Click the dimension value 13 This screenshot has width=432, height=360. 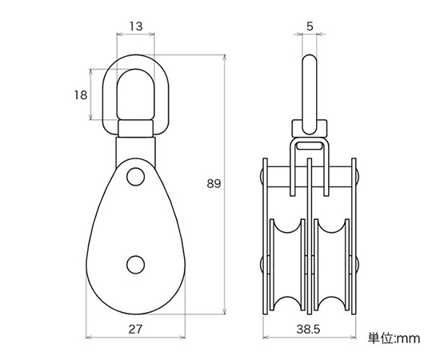coord(136,26)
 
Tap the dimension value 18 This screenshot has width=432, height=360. coord(81,95)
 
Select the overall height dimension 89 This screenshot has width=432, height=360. coord(214,183)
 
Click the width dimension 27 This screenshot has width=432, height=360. coord(135,329)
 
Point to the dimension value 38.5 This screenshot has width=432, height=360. coord(308,329)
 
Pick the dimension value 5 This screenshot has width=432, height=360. coord(310,26)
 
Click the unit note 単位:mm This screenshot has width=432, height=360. coord(394,338)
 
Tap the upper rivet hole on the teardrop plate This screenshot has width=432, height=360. coord(136,176)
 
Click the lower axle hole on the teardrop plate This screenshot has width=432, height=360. coord(135,265)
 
